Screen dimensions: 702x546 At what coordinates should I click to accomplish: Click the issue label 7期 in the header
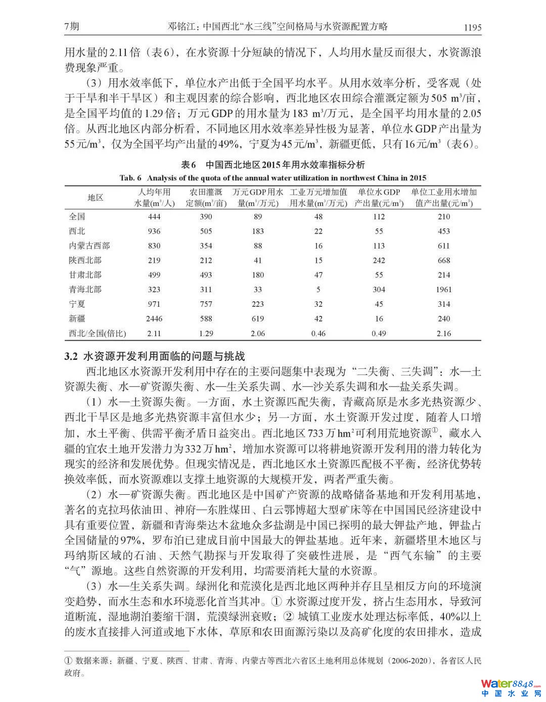coord(72,27)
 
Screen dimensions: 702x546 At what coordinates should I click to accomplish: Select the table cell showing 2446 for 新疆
coord(154,318)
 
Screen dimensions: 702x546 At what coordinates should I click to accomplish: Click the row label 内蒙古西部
coord(89,246)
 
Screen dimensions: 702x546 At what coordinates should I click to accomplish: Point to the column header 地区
coord(95,198)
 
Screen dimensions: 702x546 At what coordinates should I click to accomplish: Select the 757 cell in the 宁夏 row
coord(205,304)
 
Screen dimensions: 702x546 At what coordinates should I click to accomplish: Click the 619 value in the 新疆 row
coord(257,318)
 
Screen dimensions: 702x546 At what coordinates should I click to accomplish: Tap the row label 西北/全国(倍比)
coord(97,334)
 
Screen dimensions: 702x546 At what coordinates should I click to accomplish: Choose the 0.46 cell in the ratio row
coord(318,334)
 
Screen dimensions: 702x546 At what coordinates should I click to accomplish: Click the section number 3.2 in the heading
coord(70,357)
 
